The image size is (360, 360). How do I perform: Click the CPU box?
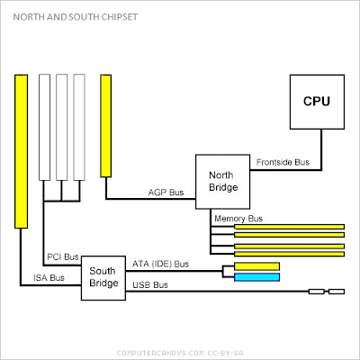pyautogui.click(x=316, y=102)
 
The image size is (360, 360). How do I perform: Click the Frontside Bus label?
pyautogui.click(x=284, y=163)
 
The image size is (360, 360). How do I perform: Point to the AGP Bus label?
pyautogui.click(x=166, y=193)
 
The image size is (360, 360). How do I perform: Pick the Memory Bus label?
pyautogui.click(x=238, y=219)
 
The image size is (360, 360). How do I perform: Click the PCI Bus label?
pyautogui.click(x=62, y=257)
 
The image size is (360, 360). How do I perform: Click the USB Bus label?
pyautogui.click(x=151, y=284)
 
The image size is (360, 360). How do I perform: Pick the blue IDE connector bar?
pyautogui.click(x=256, y=276)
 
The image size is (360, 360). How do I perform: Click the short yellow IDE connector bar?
pyautogui.click(x=256, y=265)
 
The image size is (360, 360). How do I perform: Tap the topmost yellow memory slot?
pyautogui.click(x=289, y=227)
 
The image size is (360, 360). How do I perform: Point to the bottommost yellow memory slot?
pyautogui.click(x=289, y=253)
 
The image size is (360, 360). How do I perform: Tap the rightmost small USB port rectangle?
pyautogui.click(x=336, y=292)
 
